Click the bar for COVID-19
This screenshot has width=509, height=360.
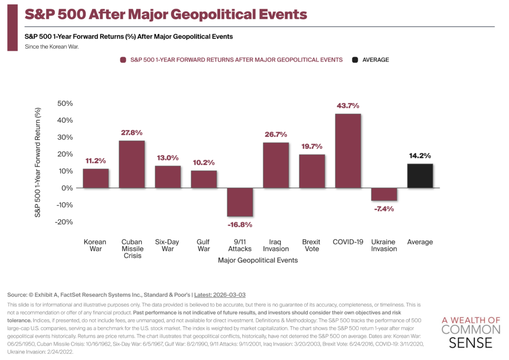(348, 151)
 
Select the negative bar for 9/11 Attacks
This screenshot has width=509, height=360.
(240, 202)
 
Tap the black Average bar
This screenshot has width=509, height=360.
(420, 176)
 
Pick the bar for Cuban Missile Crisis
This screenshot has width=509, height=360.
(132, 164)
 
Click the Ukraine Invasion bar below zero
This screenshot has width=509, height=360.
(384, 194)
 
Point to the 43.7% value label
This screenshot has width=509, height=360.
(348, 106)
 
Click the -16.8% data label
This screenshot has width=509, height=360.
(240, 224)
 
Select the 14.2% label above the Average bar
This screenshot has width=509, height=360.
(420, 155)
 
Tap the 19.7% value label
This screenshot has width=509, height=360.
(312, 146)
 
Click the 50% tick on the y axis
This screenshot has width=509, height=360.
(65, 103)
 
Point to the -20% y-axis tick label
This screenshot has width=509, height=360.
(64, 222)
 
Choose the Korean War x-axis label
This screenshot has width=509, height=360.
(95, 245)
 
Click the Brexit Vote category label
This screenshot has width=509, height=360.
(312, 245)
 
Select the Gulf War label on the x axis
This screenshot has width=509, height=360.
(204, 245)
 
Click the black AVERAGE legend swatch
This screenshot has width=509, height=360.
(355, 60)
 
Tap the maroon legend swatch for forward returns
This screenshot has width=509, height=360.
(123, 60)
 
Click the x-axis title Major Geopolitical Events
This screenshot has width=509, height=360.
(258, 260)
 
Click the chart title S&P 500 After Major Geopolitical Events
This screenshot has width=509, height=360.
(166, 13)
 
